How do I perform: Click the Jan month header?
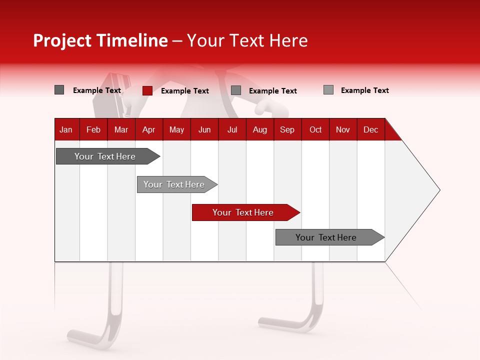(66, 129)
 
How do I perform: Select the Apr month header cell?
(149, 129)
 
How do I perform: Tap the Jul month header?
(232, 129)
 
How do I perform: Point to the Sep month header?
(287, 129)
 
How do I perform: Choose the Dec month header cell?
(370, 129)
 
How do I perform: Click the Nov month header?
(343, 129)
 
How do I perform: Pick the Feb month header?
(93, 129)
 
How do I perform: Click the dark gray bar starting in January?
(105, 156)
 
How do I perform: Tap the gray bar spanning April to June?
(175, 184)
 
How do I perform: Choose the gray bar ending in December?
(327, 237)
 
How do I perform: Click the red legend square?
(147, 90)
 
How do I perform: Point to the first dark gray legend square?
(59, 90)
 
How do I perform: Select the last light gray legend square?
(328, 90)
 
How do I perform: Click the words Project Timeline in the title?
(100, 40)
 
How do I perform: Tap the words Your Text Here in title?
(247, 40)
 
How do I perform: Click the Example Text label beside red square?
(185, 91)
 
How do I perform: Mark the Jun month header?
(204, 129)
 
